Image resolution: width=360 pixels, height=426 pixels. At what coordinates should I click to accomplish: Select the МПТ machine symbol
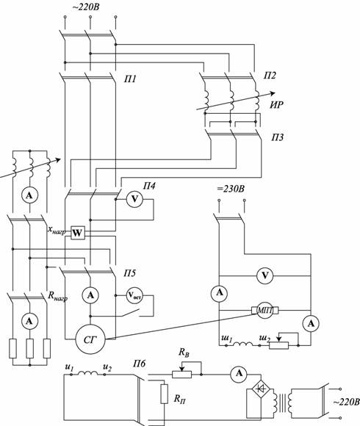pos(265,310)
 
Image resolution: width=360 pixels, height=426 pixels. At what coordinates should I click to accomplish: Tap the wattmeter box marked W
pos(78,233)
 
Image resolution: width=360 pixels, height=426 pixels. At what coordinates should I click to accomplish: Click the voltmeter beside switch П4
pos(134,200)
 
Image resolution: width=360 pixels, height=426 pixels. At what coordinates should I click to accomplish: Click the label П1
pos(131,79)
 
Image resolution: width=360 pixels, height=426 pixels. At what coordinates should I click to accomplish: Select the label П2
pos(270,75)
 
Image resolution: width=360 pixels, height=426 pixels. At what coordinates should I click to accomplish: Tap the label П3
pos(277,137)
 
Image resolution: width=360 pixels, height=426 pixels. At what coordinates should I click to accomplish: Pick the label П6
pos(140,364)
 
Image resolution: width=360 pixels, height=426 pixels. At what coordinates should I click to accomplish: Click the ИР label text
pos(276,105)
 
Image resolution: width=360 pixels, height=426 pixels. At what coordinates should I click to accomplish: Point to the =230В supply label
pos(231,189)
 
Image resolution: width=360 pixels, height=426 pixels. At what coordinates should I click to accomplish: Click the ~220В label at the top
pos(85,7)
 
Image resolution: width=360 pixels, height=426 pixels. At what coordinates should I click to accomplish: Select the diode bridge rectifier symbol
pos(261,389)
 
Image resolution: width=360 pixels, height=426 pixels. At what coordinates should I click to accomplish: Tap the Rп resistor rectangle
pos(164,394)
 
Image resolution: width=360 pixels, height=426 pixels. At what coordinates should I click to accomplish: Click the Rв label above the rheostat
pos(184,353)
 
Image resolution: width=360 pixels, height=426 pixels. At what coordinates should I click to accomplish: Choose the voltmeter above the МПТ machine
pos(265,275)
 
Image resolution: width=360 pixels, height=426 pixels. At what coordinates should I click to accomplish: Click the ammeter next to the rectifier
pos(239,374)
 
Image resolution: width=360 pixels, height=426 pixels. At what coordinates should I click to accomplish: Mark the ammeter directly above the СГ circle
pos(90,295)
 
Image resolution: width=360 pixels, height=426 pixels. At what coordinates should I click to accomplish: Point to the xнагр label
pos(57,230)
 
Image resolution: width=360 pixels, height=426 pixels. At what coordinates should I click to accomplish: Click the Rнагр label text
pos(57,297)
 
